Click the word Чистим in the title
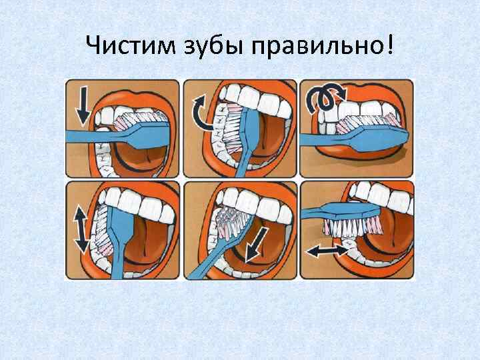click(x=131, y=45)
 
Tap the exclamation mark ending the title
click(x=389, y=44)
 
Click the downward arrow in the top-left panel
click(x=83, y=105)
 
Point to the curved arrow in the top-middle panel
click(x=198, y=113)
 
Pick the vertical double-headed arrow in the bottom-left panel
click(x=82, y=229)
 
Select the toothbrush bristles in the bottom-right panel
click(x=352, y=227)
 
